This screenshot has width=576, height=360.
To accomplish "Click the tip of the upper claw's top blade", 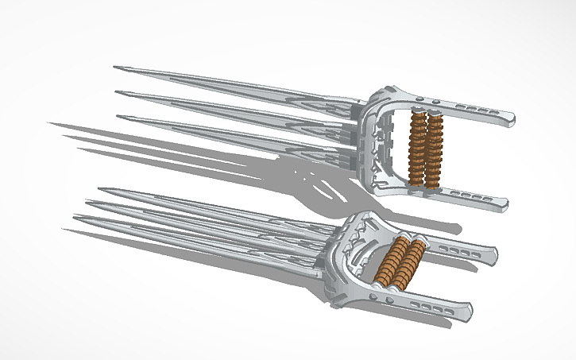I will [115, 68].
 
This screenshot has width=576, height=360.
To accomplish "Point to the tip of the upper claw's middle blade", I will [118, 93].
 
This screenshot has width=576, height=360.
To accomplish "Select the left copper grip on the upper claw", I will [415, 149].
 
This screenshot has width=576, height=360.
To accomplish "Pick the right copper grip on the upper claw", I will [433, 149].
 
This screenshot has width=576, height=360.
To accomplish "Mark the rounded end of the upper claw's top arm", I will [509, 122].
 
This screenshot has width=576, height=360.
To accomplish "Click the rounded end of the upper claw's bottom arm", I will [504, 205].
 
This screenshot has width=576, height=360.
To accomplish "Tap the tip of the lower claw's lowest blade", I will [64, 230].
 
